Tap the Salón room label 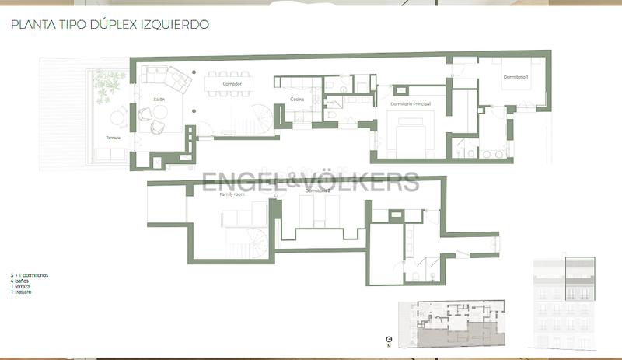159,100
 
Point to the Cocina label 297,99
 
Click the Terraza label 114,138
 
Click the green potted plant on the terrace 108,82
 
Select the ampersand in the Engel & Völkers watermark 288,182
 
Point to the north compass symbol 388,341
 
